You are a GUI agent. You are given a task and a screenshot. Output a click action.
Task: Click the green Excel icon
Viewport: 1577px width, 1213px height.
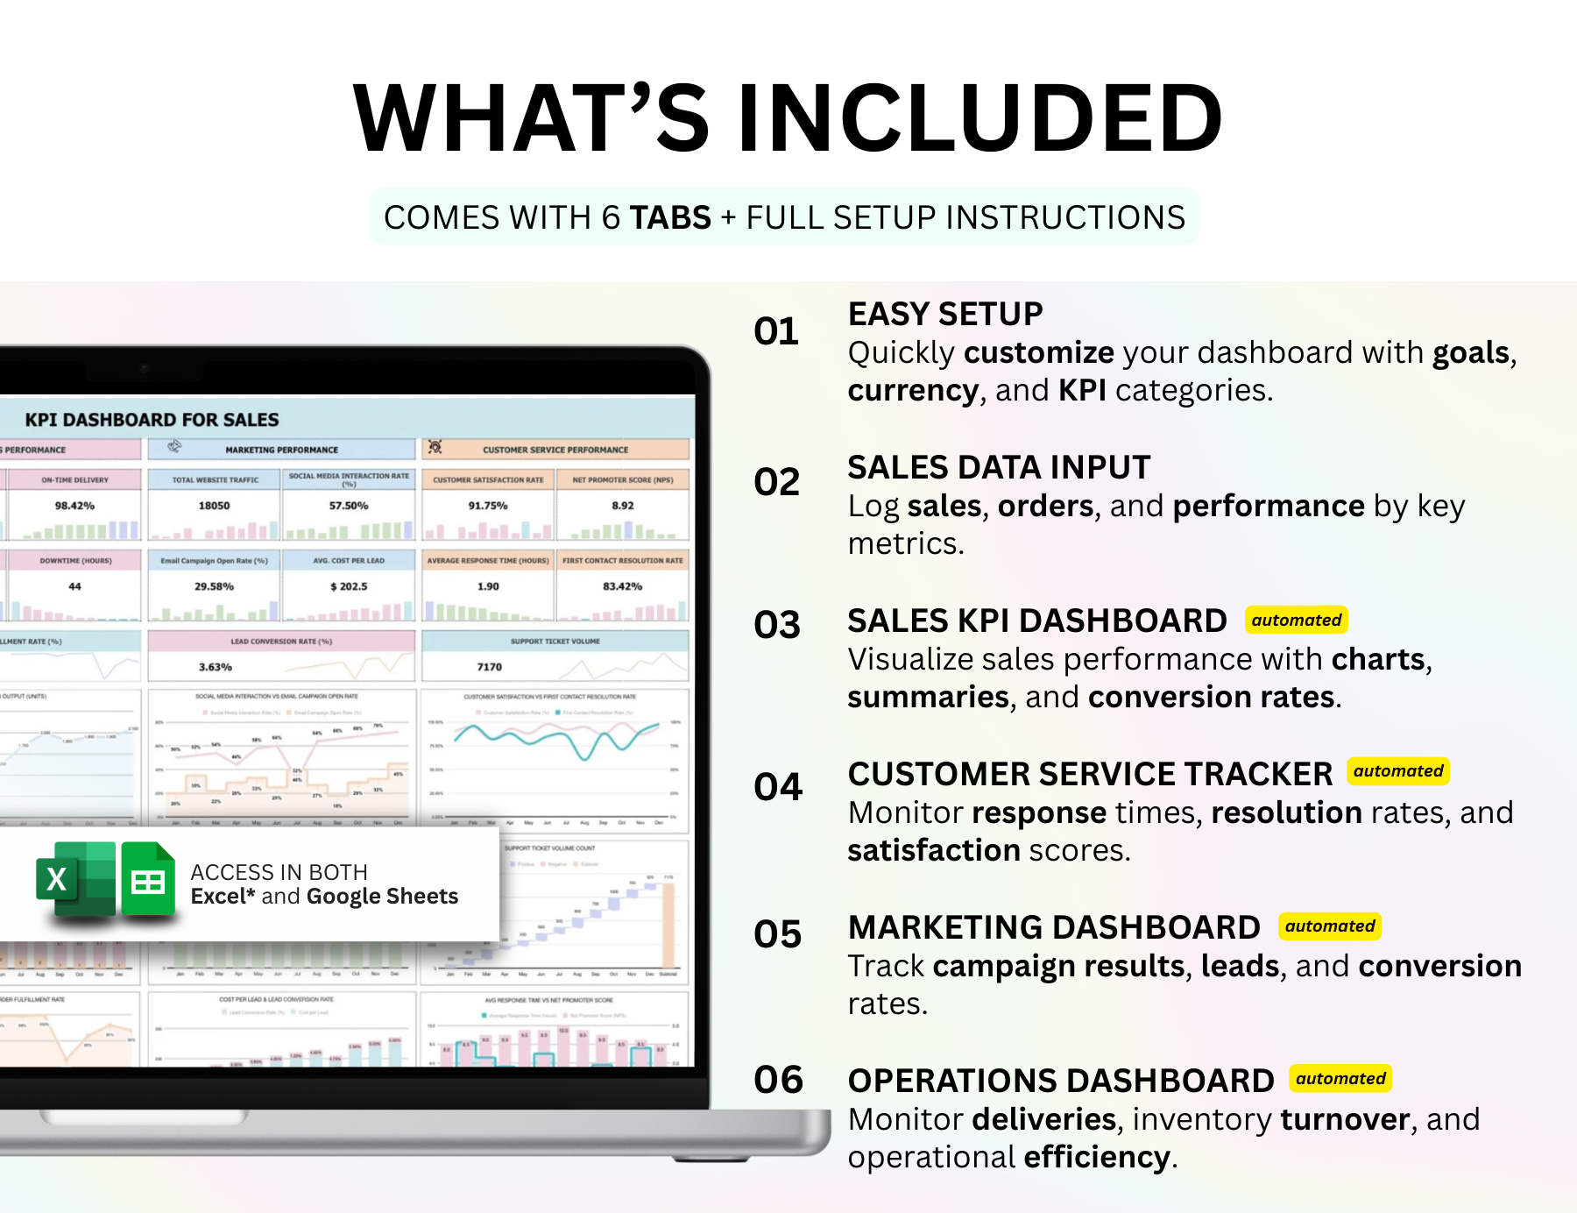tap(75, 879)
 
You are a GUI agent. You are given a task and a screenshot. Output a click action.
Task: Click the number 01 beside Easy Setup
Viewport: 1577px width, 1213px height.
tap(776, 331)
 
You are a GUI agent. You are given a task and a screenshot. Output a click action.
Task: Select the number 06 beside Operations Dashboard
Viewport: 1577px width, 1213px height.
tap(778, 1080)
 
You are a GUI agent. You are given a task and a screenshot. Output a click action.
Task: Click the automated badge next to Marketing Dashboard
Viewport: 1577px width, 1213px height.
tap(1329, 926)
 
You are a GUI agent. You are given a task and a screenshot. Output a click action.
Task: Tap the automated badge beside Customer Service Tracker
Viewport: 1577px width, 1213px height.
tap(1397, 771)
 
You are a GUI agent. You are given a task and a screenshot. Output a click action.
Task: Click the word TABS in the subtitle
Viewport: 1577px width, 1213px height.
tap(670, 217)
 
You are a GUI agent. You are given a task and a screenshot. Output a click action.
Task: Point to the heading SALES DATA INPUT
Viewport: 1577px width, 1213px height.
tap(998, 467)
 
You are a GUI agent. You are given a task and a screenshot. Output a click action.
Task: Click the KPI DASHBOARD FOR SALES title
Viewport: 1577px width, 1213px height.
tap(152, 420)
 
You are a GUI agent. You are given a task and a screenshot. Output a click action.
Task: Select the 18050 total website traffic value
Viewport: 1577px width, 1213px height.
tap(214, 506)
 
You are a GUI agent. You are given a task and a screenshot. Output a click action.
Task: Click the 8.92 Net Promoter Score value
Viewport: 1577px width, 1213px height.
tap(622, 506)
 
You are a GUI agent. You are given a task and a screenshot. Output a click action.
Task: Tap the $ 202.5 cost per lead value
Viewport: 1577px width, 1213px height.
tap(349, 586)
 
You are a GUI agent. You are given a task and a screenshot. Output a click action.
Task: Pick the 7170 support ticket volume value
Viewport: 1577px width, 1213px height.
tap(489, 667)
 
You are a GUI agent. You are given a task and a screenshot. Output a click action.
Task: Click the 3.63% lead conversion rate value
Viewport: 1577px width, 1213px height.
tap(215, 667)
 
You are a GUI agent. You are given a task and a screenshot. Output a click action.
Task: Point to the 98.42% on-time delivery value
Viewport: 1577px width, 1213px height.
tap(74, 506)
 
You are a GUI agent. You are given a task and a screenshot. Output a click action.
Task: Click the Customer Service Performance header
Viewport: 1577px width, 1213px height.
tap(555, 450)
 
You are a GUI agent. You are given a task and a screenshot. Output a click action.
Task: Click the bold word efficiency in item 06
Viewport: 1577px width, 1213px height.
tap(1096, 1157)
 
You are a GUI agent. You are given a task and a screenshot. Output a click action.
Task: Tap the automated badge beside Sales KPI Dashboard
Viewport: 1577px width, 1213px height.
tap(1296, 621)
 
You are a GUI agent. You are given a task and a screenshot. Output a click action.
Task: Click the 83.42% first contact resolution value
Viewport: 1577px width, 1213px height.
tap(622, 586)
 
